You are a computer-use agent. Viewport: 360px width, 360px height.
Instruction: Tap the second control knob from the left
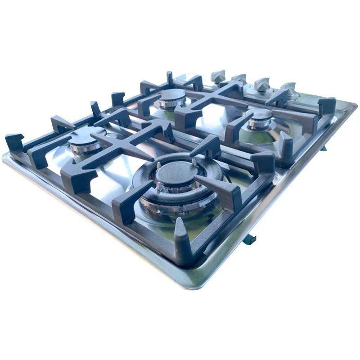click(239, 79)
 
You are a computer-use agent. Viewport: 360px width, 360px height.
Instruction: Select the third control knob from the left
click(262, 84)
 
